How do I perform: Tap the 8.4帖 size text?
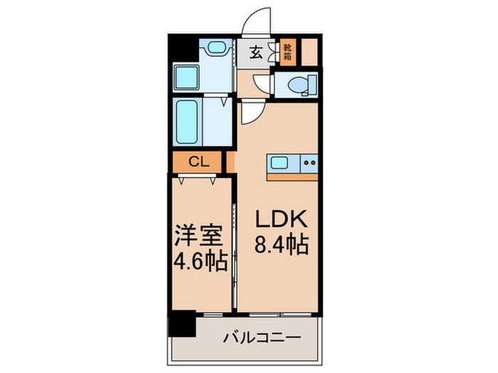coord(282,245)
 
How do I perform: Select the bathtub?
coord(189,121)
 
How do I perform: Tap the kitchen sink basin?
coord(279,163)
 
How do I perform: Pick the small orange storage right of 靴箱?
coord(309,51)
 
